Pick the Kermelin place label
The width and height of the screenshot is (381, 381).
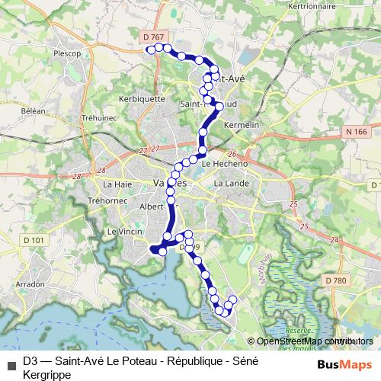tap(244, 123)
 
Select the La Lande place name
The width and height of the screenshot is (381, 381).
tap(229, 184)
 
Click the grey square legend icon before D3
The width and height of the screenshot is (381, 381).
tap(10, 362)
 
